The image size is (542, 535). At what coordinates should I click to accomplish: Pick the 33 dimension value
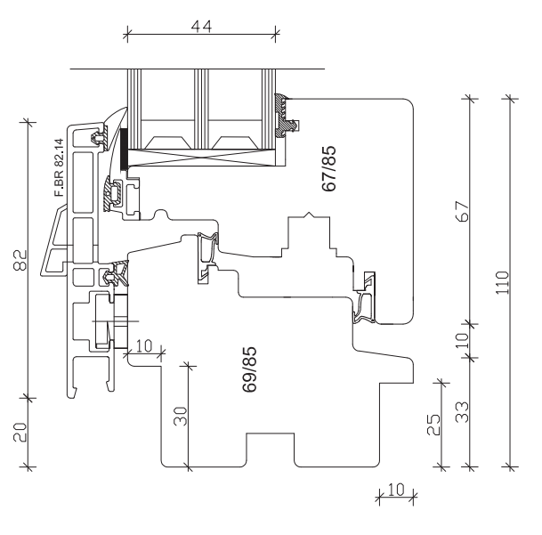click(463, 412)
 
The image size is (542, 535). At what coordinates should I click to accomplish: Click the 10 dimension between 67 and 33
click(463, 340)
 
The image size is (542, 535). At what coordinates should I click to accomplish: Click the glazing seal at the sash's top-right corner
click(287, 113)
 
